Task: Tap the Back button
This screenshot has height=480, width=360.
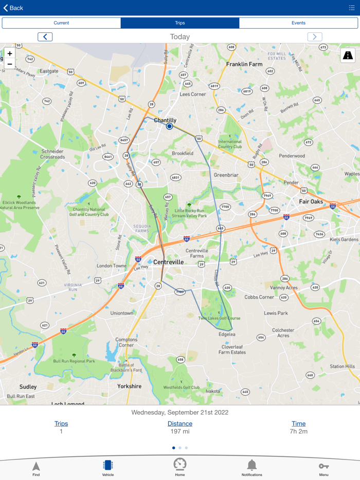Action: [13, 8]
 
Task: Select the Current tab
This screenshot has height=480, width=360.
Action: [61, 23]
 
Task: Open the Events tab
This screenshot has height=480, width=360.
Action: [298, 23]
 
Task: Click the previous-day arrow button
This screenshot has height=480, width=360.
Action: [45, 36]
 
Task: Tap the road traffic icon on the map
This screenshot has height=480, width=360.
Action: [348, 56]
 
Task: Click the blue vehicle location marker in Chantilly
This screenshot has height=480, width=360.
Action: [169, 126]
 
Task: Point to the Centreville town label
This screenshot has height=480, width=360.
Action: [168, 262]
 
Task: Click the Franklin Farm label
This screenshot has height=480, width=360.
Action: [245, 64]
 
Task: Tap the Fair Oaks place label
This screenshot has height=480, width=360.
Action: [311, 201]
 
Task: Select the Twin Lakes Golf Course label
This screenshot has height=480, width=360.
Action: [219, 318]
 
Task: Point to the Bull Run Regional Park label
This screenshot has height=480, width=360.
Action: [75, 361]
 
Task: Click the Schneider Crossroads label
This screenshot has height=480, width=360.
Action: [53, 154]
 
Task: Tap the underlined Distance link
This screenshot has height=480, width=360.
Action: [180, 424]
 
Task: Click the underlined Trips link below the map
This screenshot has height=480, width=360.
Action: [61, 424]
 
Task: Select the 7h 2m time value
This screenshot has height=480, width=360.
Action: [298, 432]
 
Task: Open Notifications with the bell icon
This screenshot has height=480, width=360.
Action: [251, 466]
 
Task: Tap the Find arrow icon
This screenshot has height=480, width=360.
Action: [36, 466]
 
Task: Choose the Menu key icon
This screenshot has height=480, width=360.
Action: [323, 466]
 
